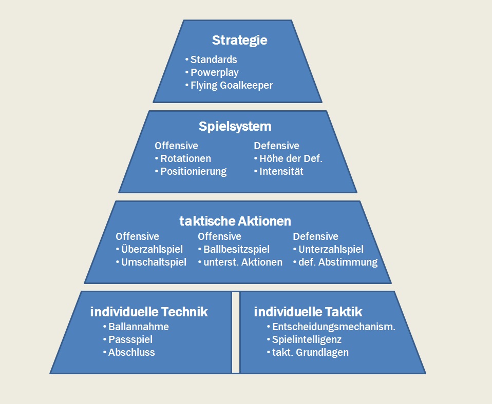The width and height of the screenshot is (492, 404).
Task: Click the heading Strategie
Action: click(x=239, y=41)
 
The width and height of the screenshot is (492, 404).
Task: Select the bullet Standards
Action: click(x=213, y=59)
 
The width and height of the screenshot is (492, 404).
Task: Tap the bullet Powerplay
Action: click(x=214, y=72)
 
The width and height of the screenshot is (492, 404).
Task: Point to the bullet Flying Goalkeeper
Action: click(x=231, y=85)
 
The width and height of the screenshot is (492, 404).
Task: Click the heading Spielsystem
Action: click(x=235, y=126)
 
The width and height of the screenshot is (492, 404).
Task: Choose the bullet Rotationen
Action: click(x=185, y=158)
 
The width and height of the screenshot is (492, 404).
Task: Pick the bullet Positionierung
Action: click(x=193, y=171)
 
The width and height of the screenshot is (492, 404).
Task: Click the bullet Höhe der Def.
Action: click(x=291, y=158)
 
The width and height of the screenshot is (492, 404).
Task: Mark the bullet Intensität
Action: click(x=281, y=171)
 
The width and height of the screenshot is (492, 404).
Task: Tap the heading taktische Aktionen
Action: click(x=235, y=221)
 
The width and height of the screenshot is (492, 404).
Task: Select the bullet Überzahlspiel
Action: click(x=152, y=249)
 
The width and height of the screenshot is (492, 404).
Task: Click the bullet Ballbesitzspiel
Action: click(x=236, y=249)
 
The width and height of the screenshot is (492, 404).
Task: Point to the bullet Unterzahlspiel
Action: click(x=331, y=249)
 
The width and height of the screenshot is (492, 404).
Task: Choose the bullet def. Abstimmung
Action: click(x=337, y=262)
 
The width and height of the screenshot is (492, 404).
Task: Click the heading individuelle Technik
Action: click(x=149, y=311)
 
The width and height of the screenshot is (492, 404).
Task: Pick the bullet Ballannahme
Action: click(x=138, y=327)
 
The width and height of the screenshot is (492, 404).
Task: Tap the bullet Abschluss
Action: click(x=131, y=352)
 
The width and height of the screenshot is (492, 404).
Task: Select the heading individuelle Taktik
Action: click(x=308, y=311)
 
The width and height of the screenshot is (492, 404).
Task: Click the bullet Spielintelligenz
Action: click(x=307, y=339)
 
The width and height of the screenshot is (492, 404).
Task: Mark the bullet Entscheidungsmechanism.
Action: click(x=333, y=327)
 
